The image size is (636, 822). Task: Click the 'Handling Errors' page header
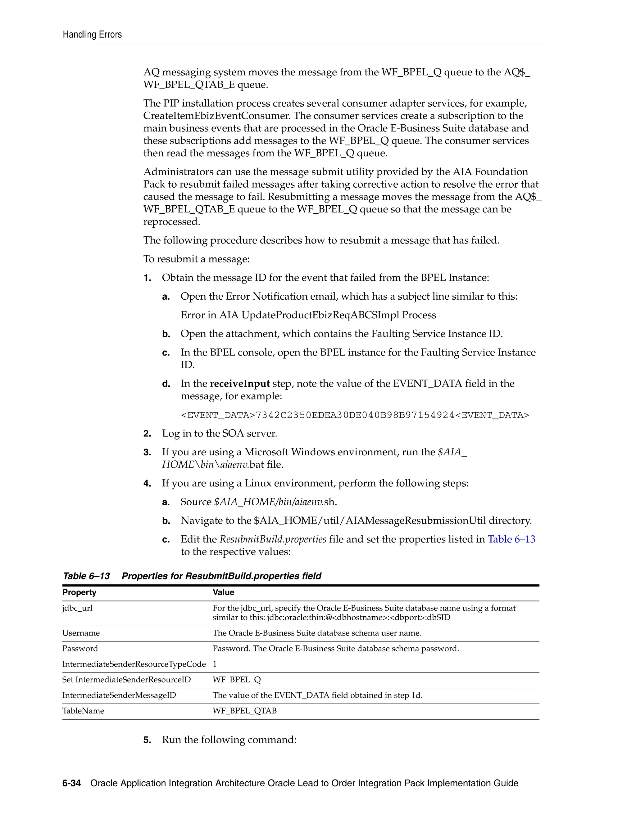(92, 35)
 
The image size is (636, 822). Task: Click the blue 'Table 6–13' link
(511, 539)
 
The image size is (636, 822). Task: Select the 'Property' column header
(79, 592)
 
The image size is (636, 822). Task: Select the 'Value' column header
(223, 592)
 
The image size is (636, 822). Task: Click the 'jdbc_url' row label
(77, 608)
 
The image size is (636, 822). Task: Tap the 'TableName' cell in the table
(83, 711)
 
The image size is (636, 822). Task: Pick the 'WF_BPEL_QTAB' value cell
(244, 711)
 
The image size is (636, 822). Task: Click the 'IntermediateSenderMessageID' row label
(119, 695)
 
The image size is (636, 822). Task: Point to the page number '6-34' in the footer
(72, 783)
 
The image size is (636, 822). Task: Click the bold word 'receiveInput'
(240, 383)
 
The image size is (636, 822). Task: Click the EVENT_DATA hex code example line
(355, 415)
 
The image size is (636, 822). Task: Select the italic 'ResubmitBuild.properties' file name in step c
(273, 539)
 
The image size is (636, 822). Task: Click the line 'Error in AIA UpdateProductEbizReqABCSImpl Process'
(308, 315)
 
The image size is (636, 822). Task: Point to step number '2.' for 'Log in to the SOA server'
(147, 434)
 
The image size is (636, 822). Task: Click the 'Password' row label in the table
(80, 649)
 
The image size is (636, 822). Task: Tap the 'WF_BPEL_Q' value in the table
(237, 680)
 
